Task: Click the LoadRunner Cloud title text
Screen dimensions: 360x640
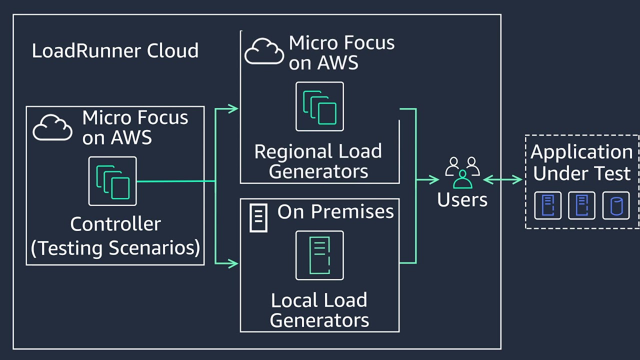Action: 115,51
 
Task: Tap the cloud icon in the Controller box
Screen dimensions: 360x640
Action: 52,127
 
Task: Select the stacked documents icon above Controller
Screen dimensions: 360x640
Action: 112,181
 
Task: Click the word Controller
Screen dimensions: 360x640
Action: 115,224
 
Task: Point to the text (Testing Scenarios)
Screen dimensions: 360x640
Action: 115,248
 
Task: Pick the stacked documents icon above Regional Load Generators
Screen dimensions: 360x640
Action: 319,106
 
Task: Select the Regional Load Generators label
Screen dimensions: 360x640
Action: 318,161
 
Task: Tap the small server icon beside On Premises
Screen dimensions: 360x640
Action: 258,218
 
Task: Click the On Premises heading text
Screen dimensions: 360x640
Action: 335,211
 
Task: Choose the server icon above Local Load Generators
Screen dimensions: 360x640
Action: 319,255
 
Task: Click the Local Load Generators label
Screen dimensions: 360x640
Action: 319,310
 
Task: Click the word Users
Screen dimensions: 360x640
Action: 462,199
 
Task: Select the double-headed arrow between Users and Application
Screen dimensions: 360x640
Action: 502,179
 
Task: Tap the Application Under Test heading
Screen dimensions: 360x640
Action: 582,162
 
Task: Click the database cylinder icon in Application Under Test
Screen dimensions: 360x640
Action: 615,205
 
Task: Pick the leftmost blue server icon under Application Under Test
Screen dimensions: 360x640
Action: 547,205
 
